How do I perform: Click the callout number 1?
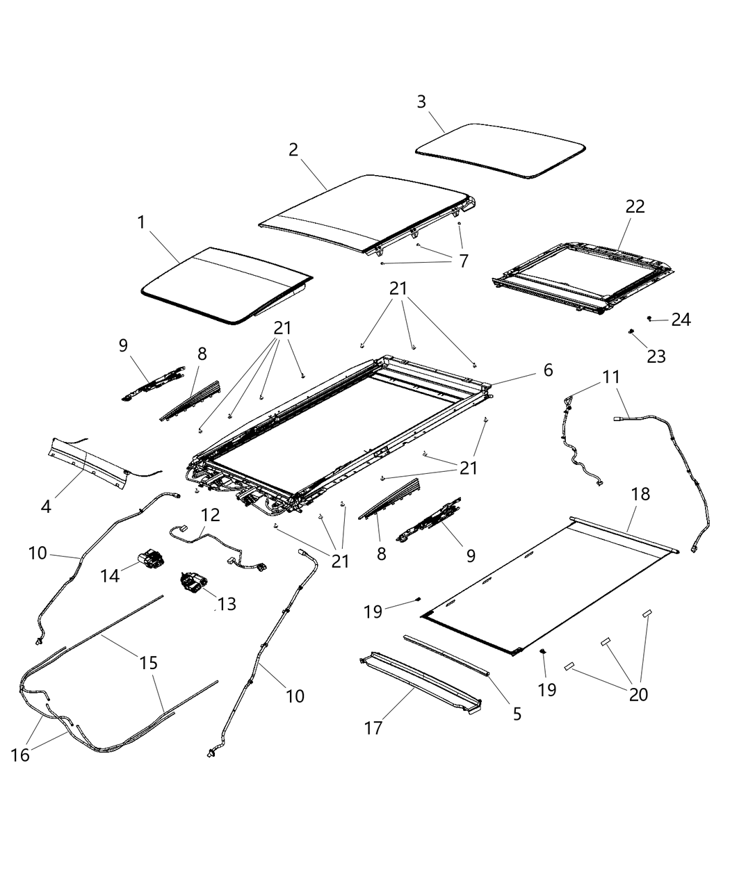(x=141, y=222)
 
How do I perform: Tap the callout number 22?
(x=635, y=206)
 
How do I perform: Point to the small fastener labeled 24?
(x=649, y=318)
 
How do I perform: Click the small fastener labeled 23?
(x=631, y=332)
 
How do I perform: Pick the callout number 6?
(x=548, y=370)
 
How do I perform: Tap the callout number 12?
(x=211, y=515)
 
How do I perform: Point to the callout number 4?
(x=46, y=507)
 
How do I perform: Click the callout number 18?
(x=640, y=494)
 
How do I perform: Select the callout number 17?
(x=373, y=729)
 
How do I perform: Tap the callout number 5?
(x=517, y=713)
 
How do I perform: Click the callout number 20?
(x=638, y=694)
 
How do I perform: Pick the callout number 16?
(x=21, y=754)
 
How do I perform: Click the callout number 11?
(x=610, y=377)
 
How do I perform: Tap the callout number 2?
(x=293, y=149)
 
